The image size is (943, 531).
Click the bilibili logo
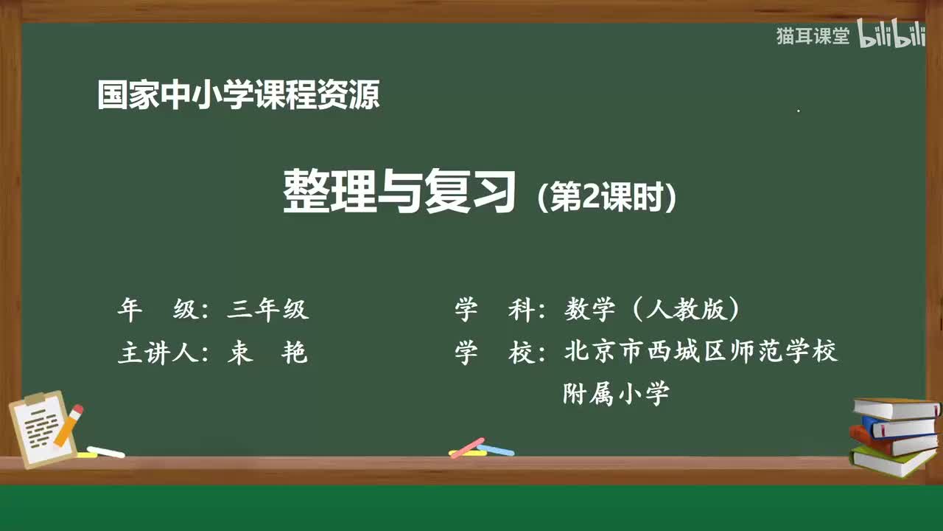(x=892, y=35)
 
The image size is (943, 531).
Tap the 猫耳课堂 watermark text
(x=813, y=36)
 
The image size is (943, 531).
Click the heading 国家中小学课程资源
(x=239, y=96)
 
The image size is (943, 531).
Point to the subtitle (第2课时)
(x=607, y=197)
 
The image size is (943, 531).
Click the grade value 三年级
(x=267, y=310)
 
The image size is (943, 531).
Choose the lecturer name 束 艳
(x=267, y=353)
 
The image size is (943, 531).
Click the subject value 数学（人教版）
(x=652, y=310)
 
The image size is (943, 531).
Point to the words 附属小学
(x=616, y=393)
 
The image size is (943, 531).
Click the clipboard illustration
(x=43, y=429)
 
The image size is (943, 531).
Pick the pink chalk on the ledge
(x=467, y=447)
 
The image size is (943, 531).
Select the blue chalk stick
(x=496, y=449)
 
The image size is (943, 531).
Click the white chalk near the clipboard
(x=105, y=451)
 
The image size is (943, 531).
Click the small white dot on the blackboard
(x=799, y=111)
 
